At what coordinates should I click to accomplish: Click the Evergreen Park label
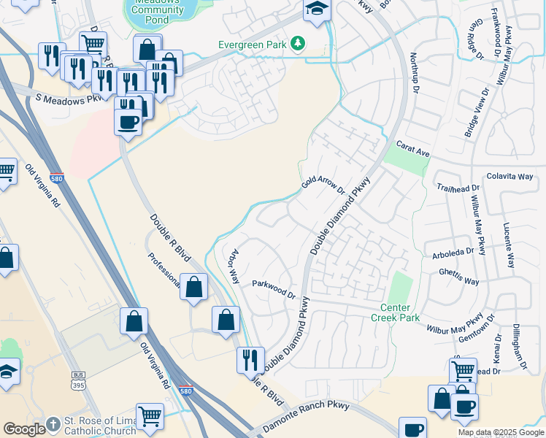coord(252,45)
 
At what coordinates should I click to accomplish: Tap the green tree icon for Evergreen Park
coord(297,45)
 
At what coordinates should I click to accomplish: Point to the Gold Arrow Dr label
coord(323,182)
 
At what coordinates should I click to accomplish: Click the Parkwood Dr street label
coord(272,289)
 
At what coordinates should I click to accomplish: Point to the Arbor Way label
coord(234,267)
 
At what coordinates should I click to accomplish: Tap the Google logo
coord(24,429)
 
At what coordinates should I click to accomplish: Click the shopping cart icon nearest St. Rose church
coord(150,416)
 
